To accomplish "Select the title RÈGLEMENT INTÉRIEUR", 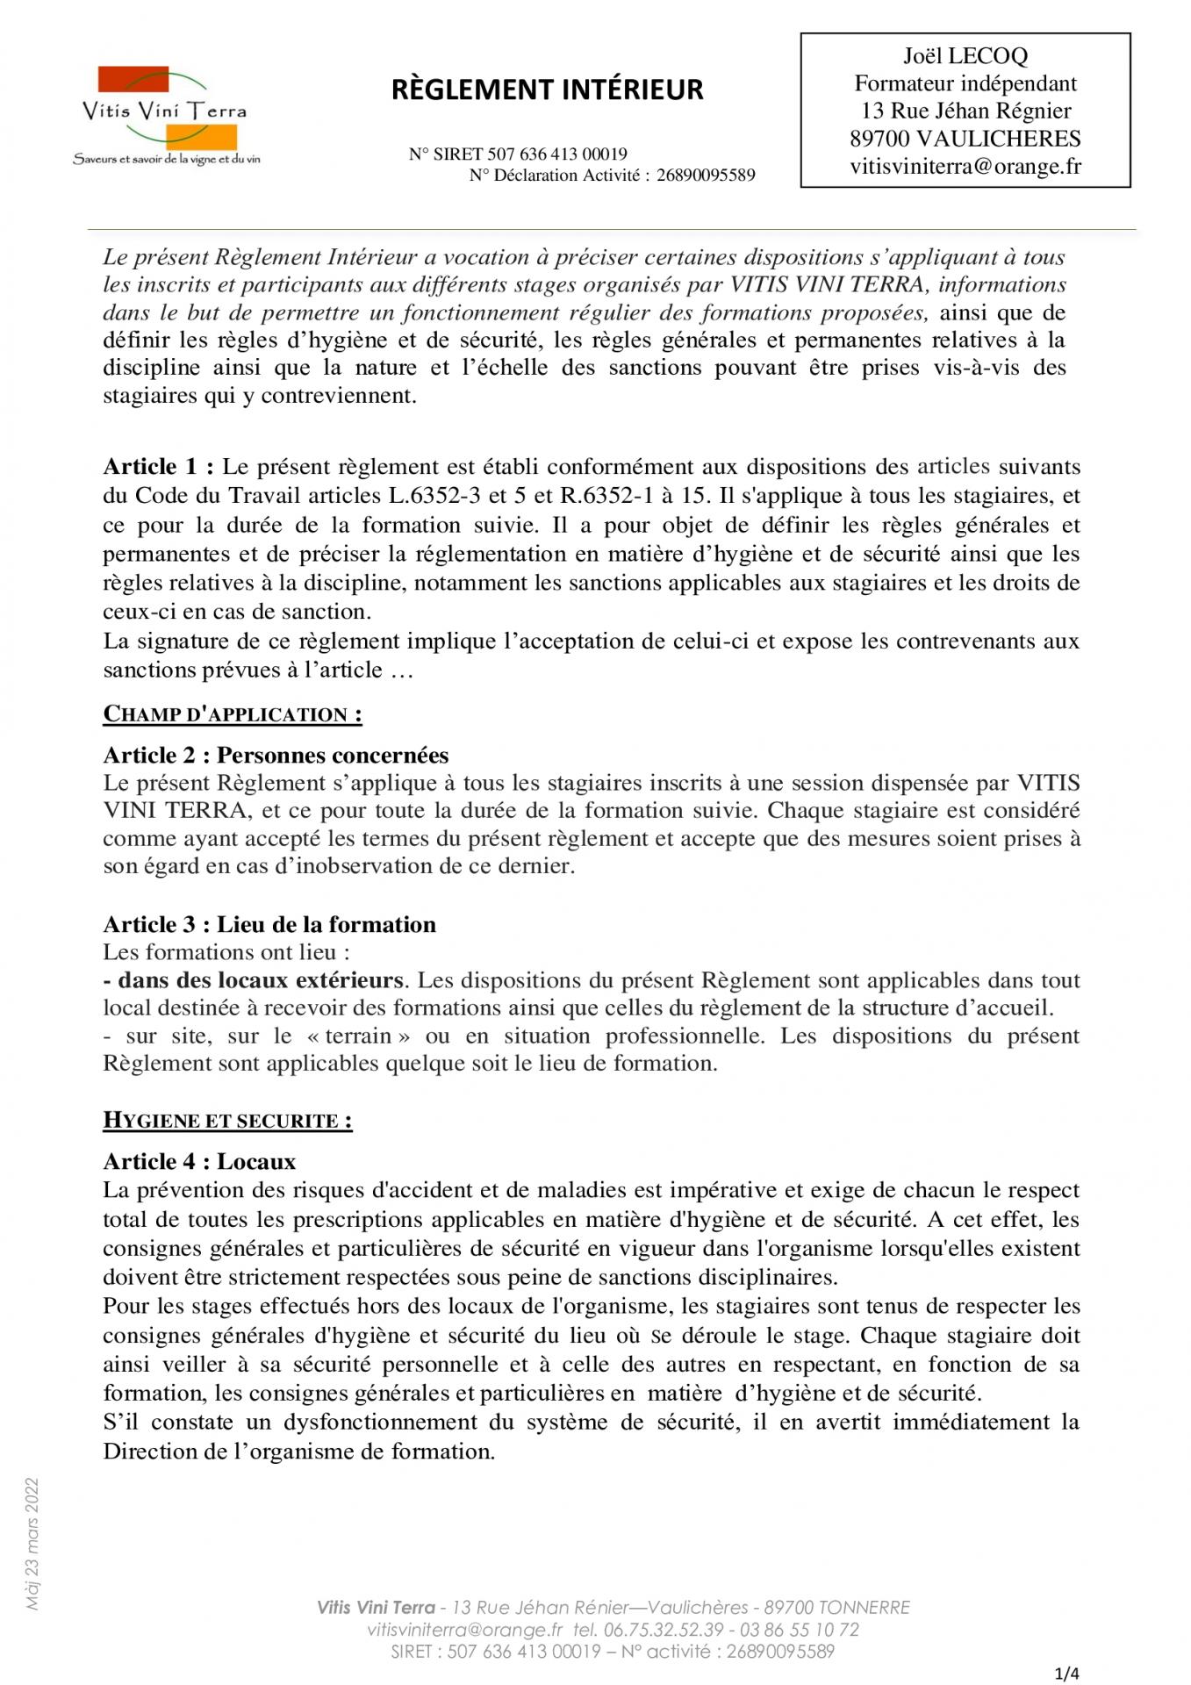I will (547, 90).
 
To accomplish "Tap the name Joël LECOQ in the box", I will (965, 56).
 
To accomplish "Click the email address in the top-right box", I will (965, 167).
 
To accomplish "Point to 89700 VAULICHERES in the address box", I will (965, 139).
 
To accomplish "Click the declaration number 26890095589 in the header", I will (706, 176).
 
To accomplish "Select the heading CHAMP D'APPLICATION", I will (233, 714).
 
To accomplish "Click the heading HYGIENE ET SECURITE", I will (227, 1121).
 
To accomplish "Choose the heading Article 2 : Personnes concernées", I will (276, 756).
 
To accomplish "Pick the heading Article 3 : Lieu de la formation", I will (269, 925).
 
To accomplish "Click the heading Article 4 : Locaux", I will (199, 1162).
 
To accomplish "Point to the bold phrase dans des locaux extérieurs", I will (260, 980).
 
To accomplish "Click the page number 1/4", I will (1066, 1674).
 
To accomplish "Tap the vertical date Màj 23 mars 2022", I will (32, 1544).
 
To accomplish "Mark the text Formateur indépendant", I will (965, 83).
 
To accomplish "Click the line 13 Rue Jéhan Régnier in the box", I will (965, 111).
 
